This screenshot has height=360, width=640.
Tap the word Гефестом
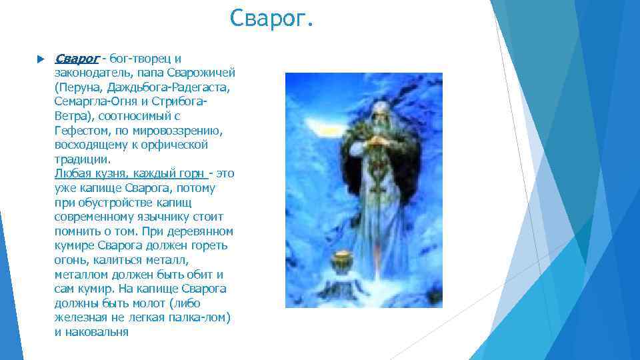tap(80, 131)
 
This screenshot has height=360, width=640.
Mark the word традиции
tap(81, 159)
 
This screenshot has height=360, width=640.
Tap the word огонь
tap(71, 260)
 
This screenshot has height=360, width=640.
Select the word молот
tap(149, 303)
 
